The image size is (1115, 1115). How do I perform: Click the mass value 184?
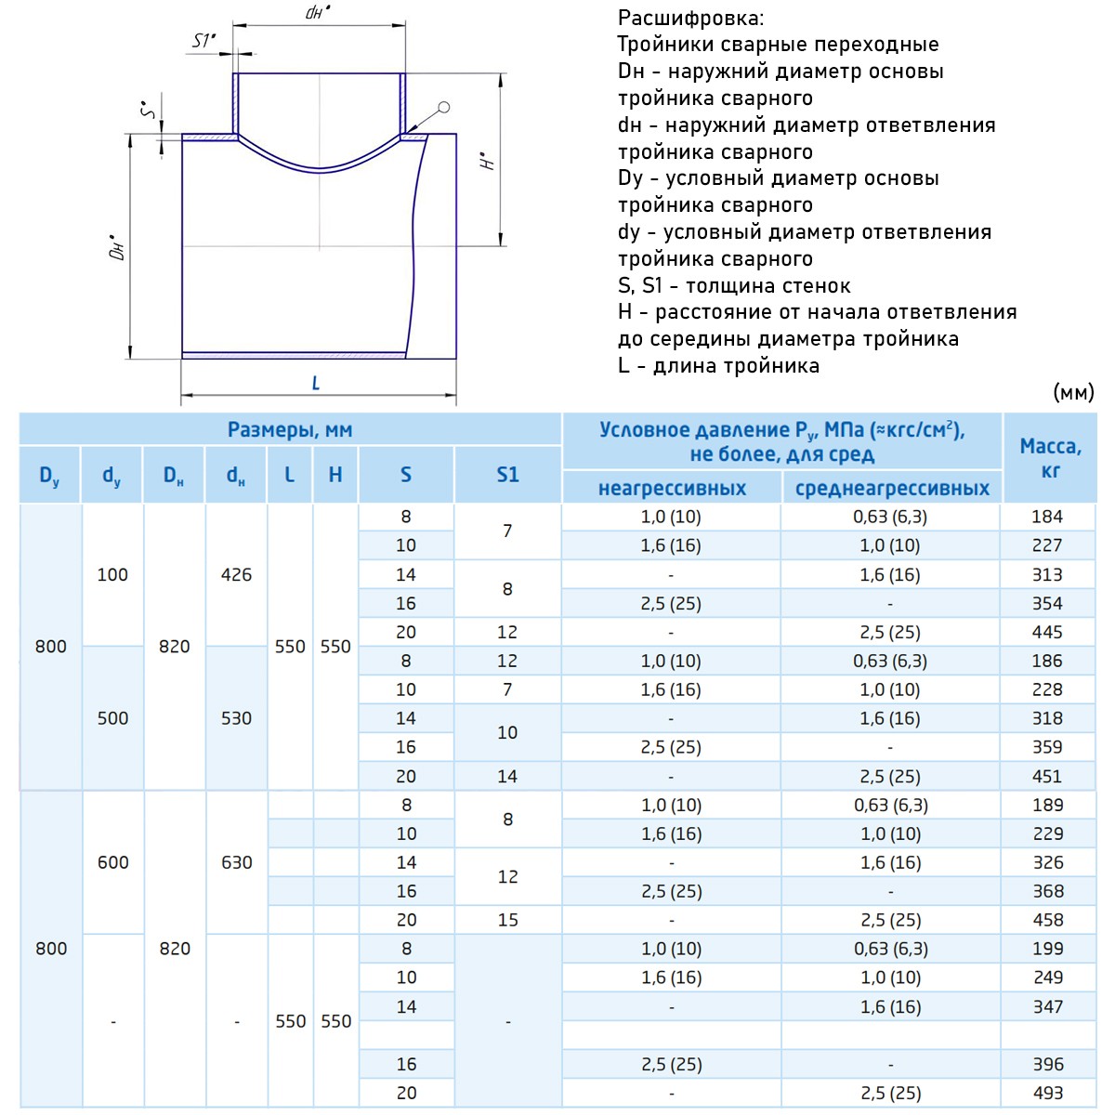1047,517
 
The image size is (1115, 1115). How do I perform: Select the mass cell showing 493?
1047,1093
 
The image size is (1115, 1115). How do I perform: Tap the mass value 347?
1047,1006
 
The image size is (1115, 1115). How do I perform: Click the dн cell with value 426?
236,574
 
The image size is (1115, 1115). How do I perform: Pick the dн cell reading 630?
236,862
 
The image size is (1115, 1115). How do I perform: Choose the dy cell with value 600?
112,862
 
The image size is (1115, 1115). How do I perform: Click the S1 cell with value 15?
507,920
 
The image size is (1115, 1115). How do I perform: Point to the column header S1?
507,475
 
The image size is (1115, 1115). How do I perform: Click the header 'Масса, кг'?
1050,458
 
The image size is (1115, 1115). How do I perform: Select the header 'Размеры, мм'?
290,430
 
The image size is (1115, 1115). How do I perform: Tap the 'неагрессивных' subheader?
672,489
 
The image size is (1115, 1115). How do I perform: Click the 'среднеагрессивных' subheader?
892,489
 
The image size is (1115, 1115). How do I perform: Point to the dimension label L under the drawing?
316,383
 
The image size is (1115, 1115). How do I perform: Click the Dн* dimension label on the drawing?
118,246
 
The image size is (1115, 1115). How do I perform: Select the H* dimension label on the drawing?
488,160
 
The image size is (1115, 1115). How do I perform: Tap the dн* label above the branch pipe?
318,13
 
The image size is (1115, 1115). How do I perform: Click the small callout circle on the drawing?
443,108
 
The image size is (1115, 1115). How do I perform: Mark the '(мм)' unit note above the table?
1074,393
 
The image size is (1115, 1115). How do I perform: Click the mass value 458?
1047,920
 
